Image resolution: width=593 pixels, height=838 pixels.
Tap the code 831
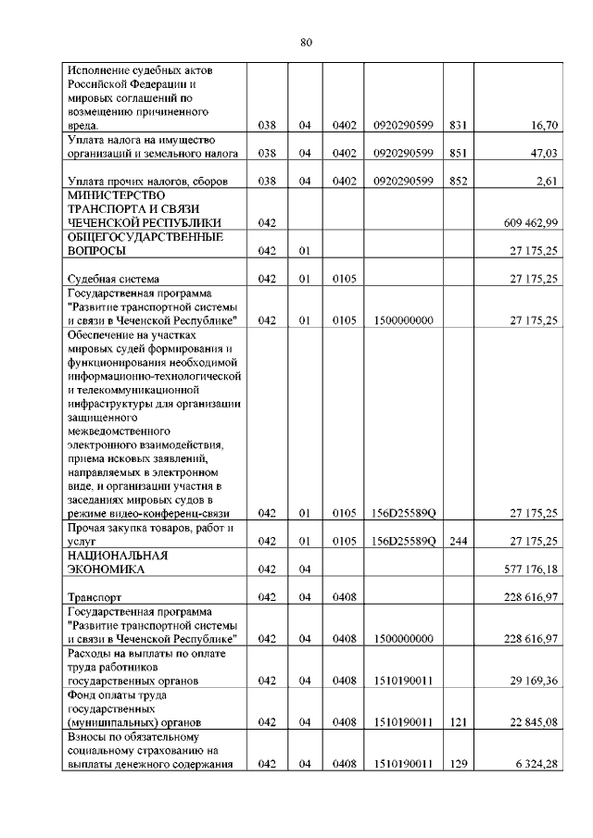coord(458,124)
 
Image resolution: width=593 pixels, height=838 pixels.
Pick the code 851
coord(458,153)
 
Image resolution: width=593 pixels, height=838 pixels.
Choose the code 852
coord(458,181)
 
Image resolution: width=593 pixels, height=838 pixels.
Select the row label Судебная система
coord(113,279)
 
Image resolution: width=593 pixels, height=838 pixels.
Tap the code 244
coord(458,541)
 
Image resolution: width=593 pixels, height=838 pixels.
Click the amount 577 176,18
coord(530,569)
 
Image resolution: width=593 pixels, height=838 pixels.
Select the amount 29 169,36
coord(535,681)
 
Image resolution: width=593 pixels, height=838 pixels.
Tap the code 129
coord(458,765)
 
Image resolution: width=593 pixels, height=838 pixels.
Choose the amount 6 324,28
coord(537,765)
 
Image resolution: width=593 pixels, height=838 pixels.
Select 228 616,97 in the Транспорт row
coord(530,598)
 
